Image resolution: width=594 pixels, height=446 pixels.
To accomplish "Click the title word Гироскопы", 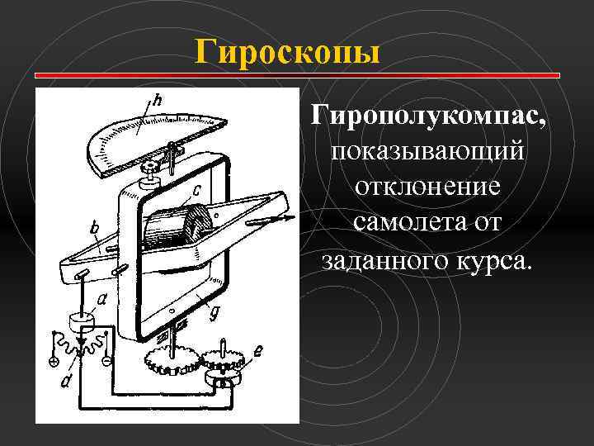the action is (288, 52).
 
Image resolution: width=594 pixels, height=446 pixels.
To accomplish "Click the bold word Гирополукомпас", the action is (427, 114).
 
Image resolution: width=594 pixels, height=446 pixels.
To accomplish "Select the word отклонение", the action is (427, 187).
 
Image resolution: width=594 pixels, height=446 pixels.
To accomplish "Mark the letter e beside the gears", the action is (258, 352).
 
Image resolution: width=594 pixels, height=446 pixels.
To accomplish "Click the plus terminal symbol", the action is (53, 361).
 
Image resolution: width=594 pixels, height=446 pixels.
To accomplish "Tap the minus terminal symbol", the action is (105, 362).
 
